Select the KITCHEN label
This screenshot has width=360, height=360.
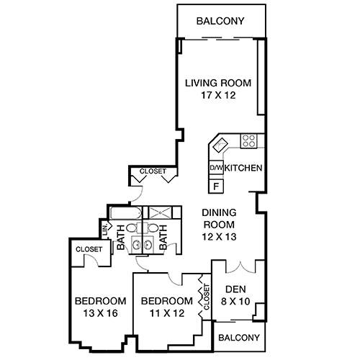243,168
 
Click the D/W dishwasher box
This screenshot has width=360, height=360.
215,168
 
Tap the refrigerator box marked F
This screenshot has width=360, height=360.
215,185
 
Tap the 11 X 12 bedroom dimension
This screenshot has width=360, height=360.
167,313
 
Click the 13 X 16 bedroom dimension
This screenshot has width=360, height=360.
101,313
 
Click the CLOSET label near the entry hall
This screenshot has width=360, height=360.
151,171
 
